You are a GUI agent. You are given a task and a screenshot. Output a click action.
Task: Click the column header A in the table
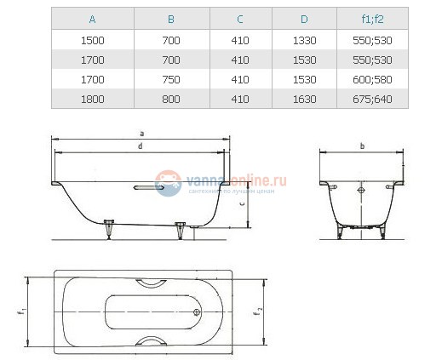click(x=92, y=18)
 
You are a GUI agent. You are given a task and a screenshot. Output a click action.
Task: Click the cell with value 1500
click(x=92, y=39)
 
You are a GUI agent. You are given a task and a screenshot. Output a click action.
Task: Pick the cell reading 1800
click(x=92, y=99)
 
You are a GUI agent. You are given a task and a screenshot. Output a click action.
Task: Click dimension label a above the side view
click(x=141, y=133)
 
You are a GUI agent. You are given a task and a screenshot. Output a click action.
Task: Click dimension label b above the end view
click(x=362, y=146)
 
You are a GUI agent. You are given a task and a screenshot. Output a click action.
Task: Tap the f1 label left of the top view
click(x=19, y=311)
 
